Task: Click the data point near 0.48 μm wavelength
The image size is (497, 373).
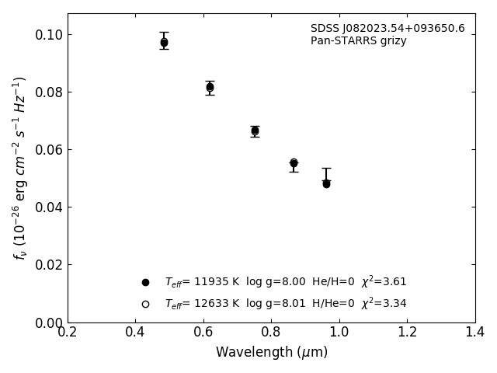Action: pyautogui.click(x=164, y=43)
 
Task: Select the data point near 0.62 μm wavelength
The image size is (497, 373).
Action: pyautogui.click(x=210, y=87)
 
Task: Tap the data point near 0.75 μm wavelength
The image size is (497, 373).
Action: pyautogui.click(x=255, y=131)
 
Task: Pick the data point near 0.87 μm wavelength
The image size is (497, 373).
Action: pyautogui.click(x=294, y=163)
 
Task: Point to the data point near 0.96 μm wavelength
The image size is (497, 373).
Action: pyautogui.click(x=326, y=183)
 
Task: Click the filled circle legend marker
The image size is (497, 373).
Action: pyautogui.click(x=145, y=282)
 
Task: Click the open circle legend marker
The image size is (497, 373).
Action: pyautogui.click(x=145, y=304)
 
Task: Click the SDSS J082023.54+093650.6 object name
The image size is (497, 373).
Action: pyautogui.click(x=388, y=29)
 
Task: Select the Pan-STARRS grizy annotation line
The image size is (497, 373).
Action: pyautogui.click(x=358, y=41)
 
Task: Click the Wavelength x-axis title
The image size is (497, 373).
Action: pyautogui.click(x=271, y=353)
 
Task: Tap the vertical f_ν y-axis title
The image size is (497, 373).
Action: pyautogui.click(x=20, y=167)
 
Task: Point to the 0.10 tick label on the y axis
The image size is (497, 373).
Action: pyautogui.click(x=47, y=35)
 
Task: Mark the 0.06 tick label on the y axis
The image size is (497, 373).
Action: pyautogui.click(x=47, y=150)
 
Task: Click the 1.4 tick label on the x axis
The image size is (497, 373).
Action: pyautogui.click(x=474, y=333)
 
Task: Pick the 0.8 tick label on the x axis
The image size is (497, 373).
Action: pyautogui.click(x=271, y=333)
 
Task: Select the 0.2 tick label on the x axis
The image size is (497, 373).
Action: pyautogui.click(x=68, y=333)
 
